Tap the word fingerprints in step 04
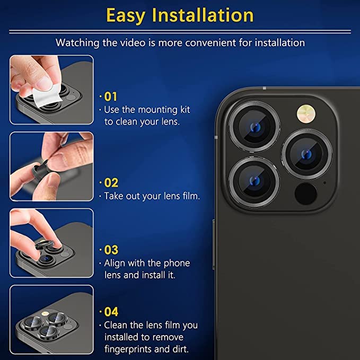point(129,350)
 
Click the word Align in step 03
point(115,263)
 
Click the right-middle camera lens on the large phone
point(306,154)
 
